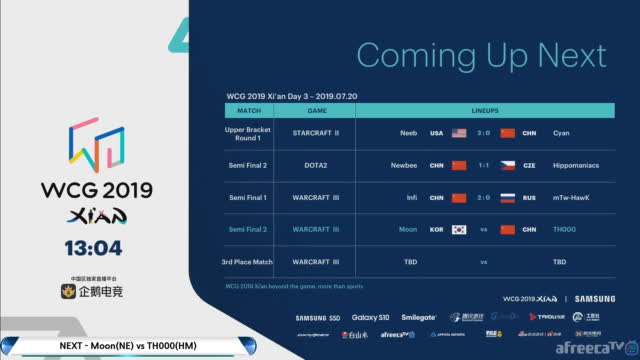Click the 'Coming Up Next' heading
[x=481, y=54]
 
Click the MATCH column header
[x=249, y=111]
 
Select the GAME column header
[x=317, y=111]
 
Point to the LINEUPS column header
[x=483, y=111]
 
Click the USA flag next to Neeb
[x=459, y=133]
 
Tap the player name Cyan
[x=562, y=133]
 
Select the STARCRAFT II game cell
[x=317, y=133]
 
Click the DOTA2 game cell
[x=317, y=165]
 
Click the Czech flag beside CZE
[x=507, y=165]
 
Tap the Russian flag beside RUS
[x=507, y=197]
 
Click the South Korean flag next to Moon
[x=459, y=229]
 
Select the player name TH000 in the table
[x=565, y=229]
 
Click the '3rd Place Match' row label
[x=249, y=261]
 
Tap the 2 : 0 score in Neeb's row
[x=483, y=133]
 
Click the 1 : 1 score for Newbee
[x=483, y=165]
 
